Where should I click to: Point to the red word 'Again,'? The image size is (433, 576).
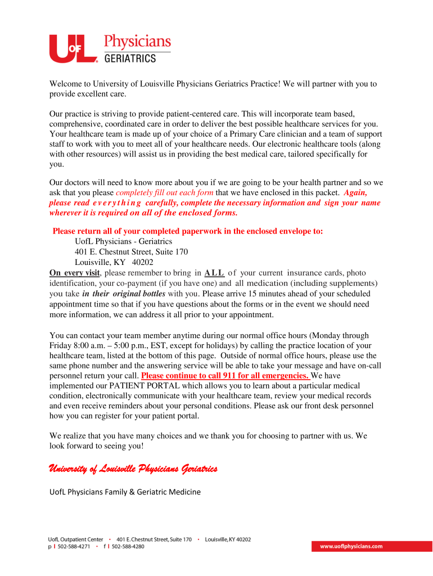pos(356,192)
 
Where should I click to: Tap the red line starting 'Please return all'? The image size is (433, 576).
pos(187,231)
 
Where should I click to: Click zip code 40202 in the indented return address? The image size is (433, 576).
pos(143,262)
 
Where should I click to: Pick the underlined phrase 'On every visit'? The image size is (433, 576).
pos(74,273)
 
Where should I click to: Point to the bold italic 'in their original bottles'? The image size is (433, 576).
pos(124,294)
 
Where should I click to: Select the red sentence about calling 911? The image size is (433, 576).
pos(225,376)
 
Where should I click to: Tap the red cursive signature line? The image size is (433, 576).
pos(133,469)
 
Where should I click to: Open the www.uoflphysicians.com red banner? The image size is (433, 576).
pos(351,546)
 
